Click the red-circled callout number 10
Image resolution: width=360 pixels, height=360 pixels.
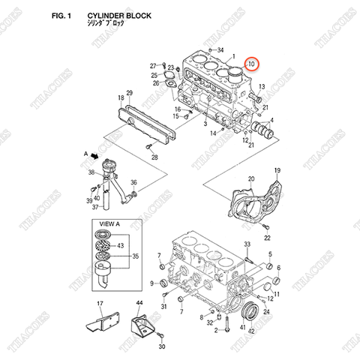pyautogui.click(x=253, y=66)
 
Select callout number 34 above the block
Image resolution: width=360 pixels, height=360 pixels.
pyautogui.click(x=220, y=50)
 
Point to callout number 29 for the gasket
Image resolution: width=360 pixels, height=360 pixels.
pyautogui.click(x=129, y=93)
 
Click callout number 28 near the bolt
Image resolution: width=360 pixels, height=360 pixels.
pyautogui.click(x=154, y=158)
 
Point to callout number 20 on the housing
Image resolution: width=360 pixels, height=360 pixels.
pyautogui.click(x=252, y=178)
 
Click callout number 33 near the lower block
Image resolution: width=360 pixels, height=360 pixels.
pyautogui.click(x=247, y=244)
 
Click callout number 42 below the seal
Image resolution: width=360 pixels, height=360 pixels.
pyautogui.click(x=251, y=330)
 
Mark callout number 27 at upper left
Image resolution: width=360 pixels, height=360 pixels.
pyautogui.click(x=152, y=65)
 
